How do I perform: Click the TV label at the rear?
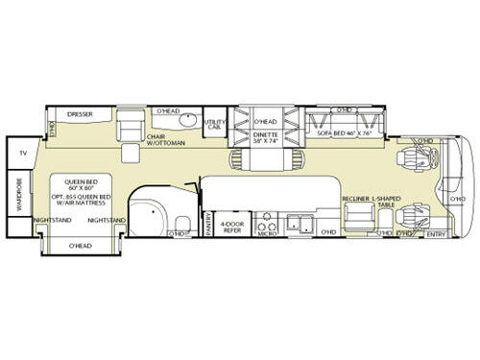(22, 153)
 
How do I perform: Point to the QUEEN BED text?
(84, 182)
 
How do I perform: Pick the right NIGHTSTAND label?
(105, 220)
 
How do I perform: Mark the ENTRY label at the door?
(436, 233)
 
